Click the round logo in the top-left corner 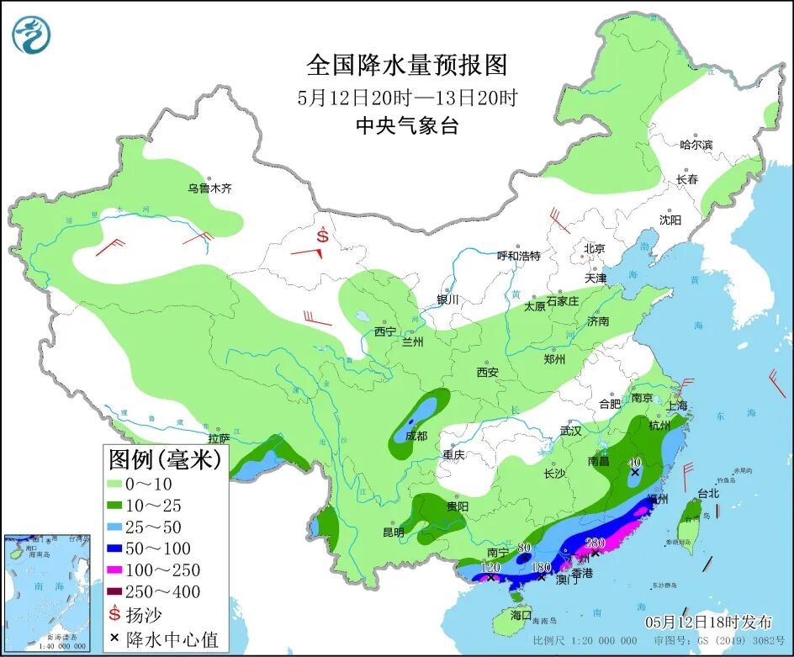point(32,34)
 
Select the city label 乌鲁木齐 point(209,188)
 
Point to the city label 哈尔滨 point(696,145)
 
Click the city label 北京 point(594,248)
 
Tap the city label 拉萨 point(219,438)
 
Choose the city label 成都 point(416,436)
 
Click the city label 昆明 point(394,532)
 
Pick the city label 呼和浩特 point(518,256)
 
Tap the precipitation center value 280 point(595,542)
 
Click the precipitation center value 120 point(490,567)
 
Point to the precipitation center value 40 point(635,462)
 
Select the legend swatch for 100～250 point(121,570)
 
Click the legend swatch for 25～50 point(121,527)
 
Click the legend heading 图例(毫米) point(165,459)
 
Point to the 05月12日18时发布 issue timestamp point(708,623)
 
